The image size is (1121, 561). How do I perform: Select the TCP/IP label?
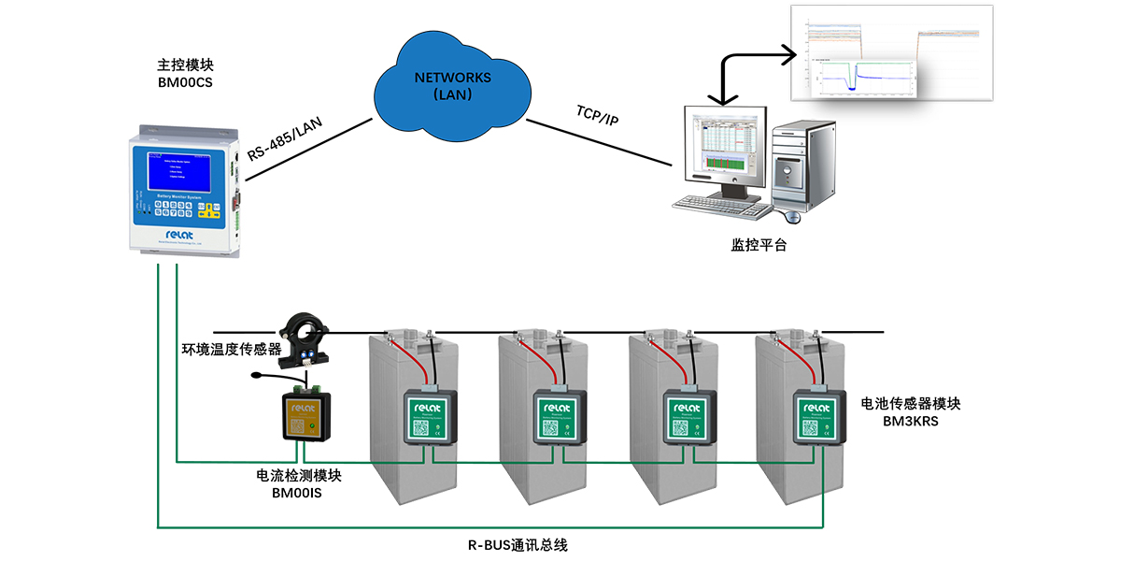[597, 117]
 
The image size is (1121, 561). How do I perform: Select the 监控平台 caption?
[759, 246]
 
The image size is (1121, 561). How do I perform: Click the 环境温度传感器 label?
[231, 351]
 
